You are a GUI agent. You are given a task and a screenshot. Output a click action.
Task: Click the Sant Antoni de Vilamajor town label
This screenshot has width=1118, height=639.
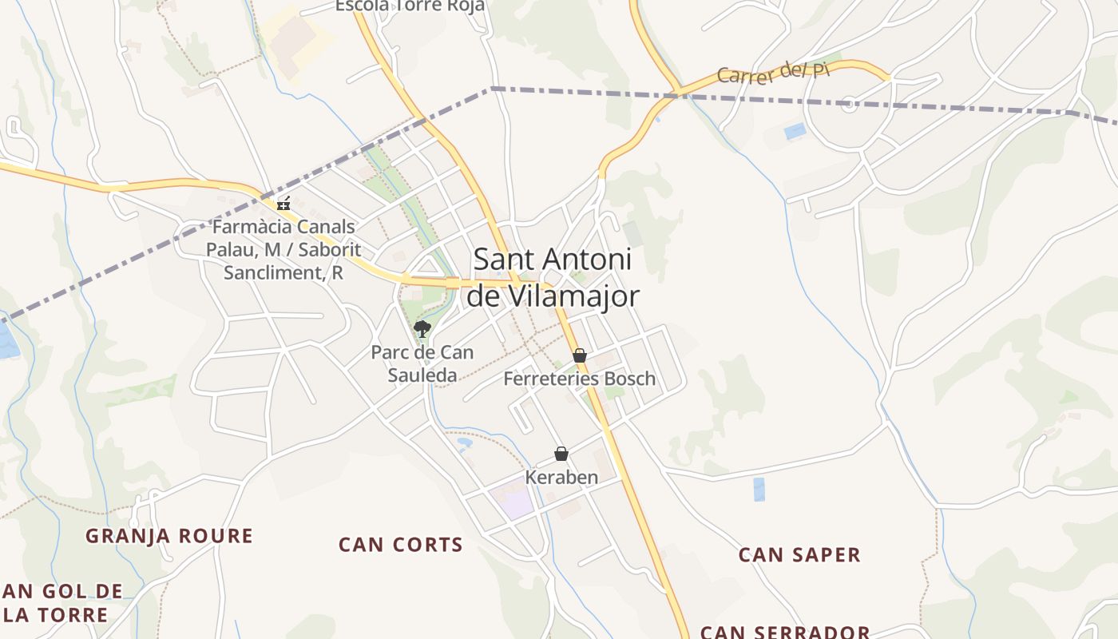coord(553,277)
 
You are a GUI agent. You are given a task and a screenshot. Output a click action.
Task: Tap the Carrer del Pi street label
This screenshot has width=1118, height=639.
coord(773,73)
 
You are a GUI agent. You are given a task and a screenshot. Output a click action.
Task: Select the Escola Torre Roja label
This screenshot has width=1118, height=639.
coord(410,6)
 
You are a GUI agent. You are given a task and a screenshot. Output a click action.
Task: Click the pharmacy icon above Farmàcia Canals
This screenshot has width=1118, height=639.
coord(283,204)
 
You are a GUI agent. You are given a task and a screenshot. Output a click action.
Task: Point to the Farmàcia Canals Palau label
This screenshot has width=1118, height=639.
coord(283,249)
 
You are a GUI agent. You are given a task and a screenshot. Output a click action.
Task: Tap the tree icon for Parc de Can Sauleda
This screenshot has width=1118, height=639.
coord(422,327)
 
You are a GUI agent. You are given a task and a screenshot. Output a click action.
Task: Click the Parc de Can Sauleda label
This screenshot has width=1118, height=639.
coord(422,363)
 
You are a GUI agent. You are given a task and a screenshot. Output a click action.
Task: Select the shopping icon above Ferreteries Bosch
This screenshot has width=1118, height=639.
coord(580,355)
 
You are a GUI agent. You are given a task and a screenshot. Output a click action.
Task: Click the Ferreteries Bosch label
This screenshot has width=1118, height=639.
coord(579,379)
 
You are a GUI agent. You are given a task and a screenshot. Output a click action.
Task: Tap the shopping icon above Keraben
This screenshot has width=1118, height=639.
coord(561,454)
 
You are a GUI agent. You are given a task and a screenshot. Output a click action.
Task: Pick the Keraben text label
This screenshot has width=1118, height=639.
coord(561,478)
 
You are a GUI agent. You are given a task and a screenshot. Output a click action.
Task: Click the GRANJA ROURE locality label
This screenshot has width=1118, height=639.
coord(169,536)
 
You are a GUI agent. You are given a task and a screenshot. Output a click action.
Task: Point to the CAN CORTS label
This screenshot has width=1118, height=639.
coord(400,545)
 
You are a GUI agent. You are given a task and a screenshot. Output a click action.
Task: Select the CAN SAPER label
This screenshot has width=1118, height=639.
coord(799,554)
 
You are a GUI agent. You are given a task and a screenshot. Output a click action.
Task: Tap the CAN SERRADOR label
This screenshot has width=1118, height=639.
coord(785,632)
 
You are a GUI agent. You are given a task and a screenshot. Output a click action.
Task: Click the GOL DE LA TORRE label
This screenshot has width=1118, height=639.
coord(62,603)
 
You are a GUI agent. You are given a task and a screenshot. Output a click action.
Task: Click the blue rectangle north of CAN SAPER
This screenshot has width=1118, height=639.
coord(759,489)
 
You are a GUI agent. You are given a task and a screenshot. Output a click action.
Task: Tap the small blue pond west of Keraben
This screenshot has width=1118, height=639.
coord(464,441)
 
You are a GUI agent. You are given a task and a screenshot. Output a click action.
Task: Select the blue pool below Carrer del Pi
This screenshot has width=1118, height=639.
coord(795,131)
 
